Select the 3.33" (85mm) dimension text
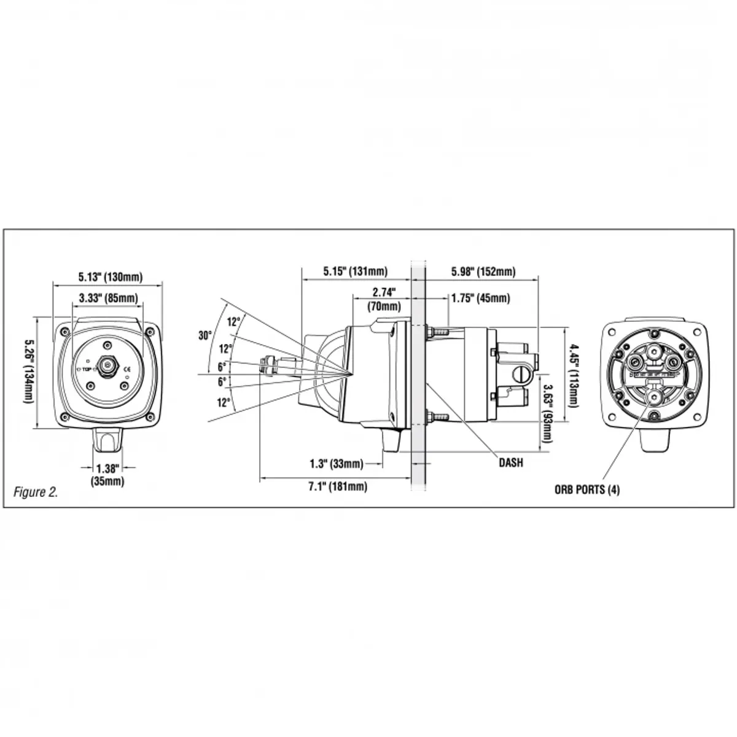tap(108, 298)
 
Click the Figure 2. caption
tap(36, 492)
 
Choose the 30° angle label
tap(205, 335)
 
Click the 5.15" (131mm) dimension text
tap(355, 271)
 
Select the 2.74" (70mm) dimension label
tap(384, 298)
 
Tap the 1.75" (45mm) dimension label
tap(480, 298)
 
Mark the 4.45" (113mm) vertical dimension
tap(573, 375)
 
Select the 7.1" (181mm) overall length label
tap(337, 487)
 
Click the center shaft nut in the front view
tap(108, 365)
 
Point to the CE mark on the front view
tap(127, 369)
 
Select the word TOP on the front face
tap(87, 370)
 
